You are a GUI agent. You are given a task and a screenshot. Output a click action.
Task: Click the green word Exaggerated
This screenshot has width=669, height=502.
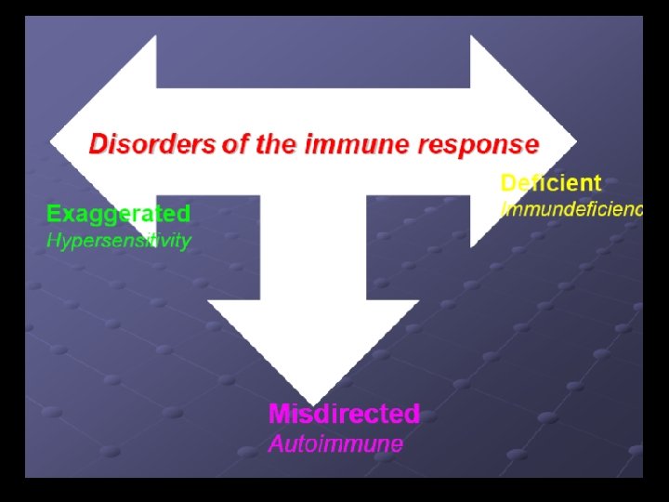pos(119,214)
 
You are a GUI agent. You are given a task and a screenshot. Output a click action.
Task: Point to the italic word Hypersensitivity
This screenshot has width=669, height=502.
pos(119,241)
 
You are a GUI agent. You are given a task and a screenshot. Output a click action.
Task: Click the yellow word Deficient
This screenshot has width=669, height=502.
pos(551,183)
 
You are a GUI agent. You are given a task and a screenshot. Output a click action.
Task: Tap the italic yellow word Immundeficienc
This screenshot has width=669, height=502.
pos(571,209)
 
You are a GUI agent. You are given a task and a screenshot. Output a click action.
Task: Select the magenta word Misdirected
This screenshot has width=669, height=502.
pos(344,414)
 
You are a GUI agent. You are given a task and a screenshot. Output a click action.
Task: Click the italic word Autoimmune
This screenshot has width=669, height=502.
pos(335,443)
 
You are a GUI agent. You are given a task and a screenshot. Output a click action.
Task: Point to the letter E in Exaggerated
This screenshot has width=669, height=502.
pos(54,214)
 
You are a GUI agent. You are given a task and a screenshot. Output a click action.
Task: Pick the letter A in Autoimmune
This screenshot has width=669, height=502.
pos(276,443)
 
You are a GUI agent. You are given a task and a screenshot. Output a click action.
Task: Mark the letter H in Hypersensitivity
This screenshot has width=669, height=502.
pos(54,240)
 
